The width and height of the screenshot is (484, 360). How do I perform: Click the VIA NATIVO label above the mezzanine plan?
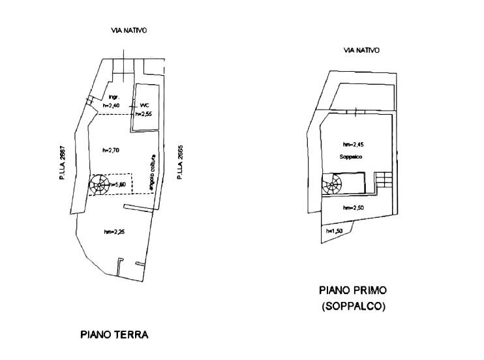coord(361,50)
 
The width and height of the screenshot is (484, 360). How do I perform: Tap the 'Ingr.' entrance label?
coord(112,98)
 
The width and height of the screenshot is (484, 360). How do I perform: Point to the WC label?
coord(145,106)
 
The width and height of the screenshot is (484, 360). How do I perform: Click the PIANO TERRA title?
coord(114,335)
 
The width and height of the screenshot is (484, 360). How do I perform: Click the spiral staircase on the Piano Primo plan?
coord(333,184)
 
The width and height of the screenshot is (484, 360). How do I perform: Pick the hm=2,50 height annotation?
coord(352,207)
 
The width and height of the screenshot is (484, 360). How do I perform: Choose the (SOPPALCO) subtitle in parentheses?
coord(352,306)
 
